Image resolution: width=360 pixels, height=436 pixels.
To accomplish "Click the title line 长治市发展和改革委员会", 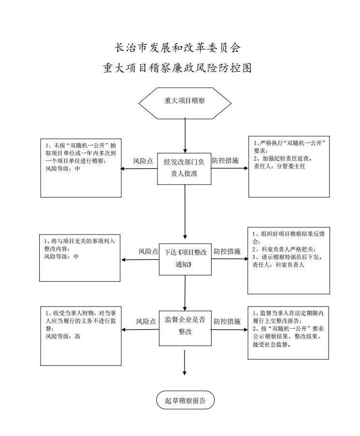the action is [x=178, y=48].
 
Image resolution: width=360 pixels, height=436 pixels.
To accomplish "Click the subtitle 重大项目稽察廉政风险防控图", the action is [x=177, y=68].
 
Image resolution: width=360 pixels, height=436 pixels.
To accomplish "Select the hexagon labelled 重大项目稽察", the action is [x=185, y=103].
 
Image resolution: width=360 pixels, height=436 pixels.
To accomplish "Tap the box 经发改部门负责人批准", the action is [x=184, y=169].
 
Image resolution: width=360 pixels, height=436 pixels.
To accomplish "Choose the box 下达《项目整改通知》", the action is [x=185, y=259].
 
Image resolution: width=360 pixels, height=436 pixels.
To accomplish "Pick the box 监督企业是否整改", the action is [x=185, y=328].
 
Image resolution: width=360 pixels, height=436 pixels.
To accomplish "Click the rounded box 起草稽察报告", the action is [x=186, y=400].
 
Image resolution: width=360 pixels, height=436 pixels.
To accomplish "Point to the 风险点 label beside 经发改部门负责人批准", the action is [x=143, y=161].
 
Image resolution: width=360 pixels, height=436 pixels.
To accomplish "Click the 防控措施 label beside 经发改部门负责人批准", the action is [x=225, y=160].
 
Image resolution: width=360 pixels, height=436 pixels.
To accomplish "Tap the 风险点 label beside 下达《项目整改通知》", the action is [x=148, y=251].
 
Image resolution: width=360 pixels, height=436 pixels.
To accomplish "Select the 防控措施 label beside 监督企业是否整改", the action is [x=227, y=321].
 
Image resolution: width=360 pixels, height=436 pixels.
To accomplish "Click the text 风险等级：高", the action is [x=63, y=336].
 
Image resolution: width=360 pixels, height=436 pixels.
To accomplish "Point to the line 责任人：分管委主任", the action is [x=279, y=166].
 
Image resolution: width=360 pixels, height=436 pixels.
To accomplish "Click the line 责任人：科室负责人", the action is [x=278, y=265].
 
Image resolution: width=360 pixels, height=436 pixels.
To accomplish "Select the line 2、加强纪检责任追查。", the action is [x=283, y=159].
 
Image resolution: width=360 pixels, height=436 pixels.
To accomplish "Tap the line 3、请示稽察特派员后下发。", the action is [x=288, y=257].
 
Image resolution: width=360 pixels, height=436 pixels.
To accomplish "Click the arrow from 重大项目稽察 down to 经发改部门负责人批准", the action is [x=185, y=136].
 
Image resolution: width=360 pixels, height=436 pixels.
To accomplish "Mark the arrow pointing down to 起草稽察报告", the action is [x=185, y=363].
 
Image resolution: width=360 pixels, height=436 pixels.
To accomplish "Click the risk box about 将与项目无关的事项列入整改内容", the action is [x=80, y=258].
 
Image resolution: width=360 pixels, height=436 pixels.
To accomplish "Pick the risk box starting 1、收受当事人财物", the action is [x=81, y=336].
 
